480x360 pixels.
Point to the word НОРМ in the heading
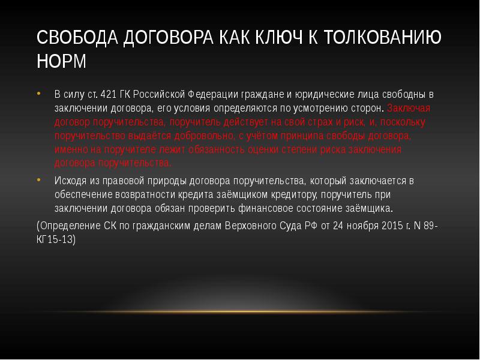coord(61,61)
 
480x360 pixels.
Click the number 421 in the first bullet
coord(108,95)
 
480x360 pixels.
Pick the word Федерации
coord(213,95)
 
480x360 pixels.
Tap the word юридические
coord(325,95)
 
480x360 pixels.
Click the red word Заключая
coord(409,109)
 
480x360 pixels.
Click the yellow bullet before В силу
coord(38,94)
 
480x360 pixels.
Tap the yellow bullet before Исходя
coord(38,180)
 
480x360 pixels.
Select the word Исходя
coord(70,181)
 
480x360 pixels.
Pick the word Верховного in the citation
coord(252,226)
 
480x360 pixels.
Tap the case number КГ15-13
coord(55,239)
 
